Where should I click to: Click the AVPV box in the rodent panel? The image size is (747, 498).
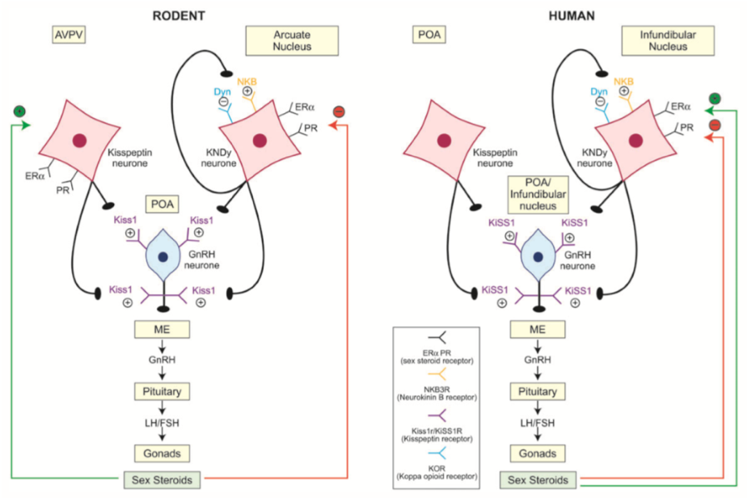click(x=69, y=35)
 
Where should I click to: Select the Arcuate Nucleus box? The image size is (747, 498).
click(x=292, y=41)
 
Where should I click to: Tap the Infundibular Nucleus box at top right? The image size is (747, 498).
click(x=668, y=41)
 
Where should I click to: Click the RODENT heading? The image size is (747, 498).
click(x=179, y=15)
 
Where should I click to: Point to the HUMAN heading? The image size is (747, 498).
click(x=572, y=15)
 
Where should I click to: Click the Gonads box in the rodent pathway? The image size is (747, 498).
click(x=162, y=454)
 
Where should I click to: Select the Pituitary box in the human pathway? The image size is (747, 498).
click(x=538, y=391)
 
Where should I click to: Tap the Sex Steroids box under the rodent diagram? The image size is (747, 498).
click(x=162, y=480)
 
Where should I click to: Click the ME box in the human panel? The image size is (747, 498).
click(x=538, y=329)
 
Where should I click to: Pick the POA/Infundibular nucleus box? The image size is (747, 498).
click(x=538, y=195)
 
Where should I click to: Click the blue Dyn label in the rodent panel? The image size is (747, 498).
click(x=222, y=91)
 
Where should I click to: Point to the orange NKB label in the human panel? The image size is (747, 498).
click(x=623, y=82)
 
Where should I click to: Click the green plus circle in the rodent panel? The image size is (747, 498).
click(x=19, y=112)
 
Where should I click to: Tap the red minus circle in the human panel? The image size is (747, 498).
click(x=715, y=125)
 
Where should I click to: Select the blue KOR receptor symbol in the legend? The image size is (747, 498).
click(x=437, y=453)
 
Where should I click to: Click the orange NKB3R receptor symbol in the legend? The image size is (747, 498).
click(x=437, y=373)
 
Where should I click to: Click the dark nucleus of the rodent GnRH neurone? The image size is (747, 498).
click(x=163, y=257)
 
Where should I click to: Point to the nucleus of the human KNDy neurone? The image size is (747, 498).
click(x=635, y=141)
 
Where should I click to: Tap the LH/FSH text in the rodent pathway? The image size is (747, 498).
click(x=162, y=423)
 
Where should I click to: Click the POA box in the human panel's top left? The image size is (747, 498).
click(x=429, y=35)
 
